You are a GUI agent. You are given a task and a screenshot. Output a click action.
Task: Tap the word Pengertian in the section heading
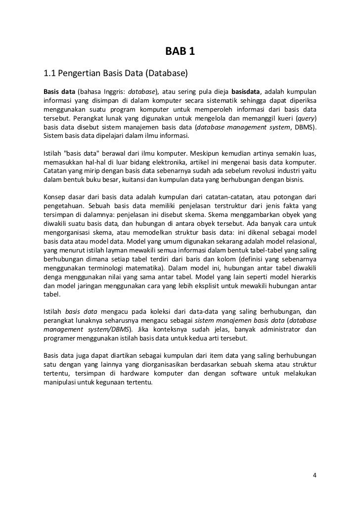coord(79,74)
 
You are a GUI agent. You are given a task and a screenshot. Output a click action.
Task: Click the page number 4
coord(315,476)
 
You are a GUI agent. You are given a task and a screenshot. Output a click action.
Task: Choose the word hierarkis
coord(301,277)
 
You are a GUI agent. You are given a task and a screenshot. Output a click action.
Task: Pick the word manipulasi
coord(60,383)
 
